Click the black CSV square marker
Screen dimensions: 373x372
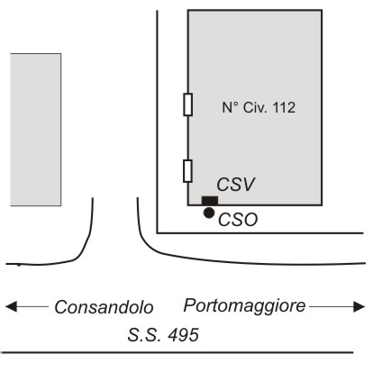click(x=210, y=201)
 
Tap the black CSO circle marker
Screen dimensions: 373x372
click(x=209, y=213)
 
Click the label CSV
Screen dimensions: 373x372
click(x=236, y=185)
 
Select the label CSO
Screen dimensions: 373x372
click(x=238, y=220)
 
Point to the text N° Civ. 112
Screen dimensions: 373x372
click(x=259, y=107)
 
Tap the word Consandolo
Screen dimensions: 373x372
click(x=104, y=307)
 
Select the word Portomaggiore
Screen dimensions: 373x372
click(x=244, y=306)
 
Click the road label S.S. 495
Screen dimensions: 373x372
click(x=163, y=335)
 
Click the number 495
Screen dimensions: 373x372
click(x=184, y=335)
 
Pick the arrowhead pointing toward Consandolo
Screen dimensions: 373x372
click(x=11, y=307)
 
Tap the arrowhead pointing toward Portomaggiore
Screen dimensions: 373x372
click(x=359, y=306)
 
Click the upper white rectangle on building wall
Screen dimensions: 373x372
click(x=188, y=104)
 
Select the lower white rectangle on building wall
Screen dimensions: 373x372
click(x=187, y=171)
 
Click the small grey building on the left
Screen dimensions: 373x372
click(x=36, y=130)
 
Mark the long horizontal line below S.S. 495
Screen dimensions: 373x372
click(x=177, y=352)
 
